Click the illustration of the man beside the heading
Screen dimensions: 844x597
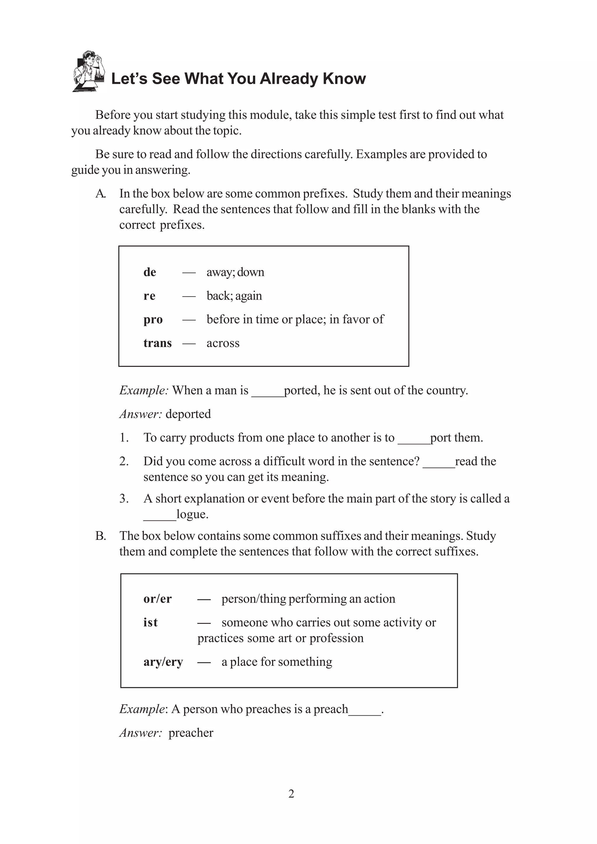(89, 71)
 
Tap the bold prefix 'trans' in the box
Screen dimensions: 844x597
(157, 343)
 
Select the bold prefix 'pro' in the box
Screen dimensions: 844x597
(153, 319)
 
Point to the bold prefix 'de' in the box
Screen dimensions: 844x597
(150, 272)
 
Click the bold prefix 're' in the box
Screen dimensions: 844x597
(149, 296)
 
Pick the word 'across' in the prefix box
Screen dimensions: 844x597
(223, 343)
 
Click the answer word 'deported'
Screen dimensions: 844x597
(188, 414)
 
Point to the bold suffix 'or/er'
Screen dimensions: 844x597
(157, 599)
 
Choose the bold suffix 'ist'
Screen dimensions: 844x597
(150, 622)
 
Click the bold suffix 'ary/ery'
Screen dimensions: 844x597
(163, 662)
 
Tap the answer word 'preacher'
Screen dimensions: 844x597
(191, 733)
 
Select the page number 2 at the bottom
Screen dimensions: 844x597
(291, 794)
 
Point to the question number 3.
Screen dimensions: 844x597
(124, 499)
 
